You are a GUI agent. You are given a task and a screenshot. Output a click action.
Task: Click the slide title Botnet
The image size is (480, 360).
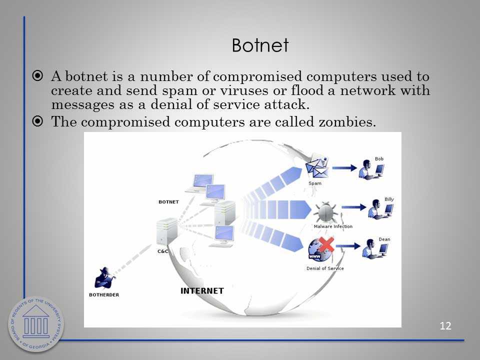click(260, 45)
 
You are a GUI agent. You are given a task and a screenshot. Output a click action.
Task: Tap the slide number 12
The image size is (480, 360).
click(445, 325)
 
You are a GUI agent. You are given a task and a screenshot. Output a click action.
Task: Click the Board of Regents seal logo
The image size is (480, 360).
click(36, 324)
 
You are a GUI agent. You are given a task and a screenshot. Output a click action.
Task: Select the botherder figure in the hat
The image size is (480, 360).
click(105, 278)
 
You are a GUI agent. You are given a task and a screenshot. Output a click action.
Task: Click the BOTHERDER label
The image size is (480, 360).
click(104, 295)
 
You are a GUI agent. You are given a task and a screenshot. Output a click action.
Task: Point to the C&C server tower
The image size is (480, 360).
click(166, 231)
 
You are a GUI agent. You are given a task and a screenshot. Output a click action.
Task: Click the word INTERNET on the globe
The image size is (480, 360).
click(202, 291)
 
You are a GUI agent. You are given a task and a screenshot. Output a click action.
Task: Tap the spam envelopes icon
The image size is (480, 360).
click(317, 166)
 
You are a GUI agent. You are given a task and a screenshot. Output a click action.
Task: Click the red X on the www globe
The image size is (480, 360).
click(326, 244)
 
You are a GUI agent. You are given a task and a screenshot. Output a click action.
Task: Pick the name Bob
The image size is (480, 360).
click(379, 159)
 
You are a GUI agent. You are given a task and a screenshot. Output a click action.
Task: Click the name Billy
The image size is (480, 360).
click(389, 199)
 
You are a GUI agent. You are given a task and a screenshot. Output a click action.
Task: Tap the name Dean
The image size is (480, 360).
click(384, 239)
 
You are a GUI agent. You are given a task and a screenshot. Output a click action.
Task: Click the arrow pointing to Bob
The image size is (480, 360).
click(344, 168)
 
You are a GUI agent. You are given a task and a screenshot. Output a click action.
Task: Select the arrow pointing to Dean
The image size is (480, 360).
click(348, 246)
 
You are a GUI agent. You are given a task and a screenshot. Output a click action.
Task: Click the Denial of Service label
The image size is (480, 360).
click(325, 268)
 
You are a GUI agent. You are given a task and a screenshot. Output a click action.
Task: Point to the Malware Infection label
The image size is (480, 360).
click(333, 226)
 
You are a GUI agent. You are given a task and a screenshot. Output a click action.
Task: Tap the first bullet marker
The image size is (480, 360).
click(37, 75)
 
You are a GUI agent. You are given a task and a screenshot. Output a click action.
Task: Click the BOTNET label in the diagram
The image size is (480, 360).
click(168, 202)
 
